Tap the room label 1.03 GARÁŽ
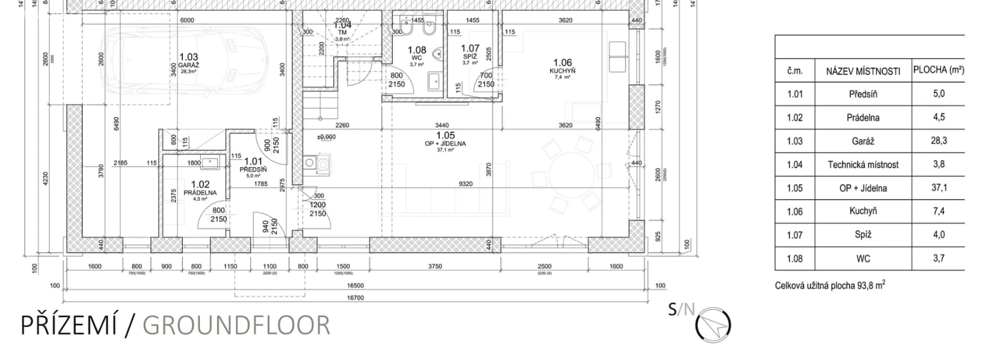(x=189, y=60)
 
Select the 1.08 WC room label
(x=417, y=53)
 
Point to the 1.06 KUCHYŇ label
(x=562, y=66)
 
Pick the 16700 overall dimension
(x=355, y=298)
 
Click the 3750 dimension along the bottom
(x=435, y=267)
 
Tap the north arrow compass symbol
(x=713, y=324)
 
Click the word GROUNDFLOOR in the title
(x=236, y=326)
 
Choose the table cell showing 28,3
(x=938, y=141)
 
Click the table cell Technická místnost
(x=863, y=164)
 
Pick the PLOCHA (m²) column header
(x=938, y=70)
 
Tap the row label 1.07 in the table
(x=794, y=235)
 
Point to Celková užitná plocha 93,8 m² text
(x=830, y=286)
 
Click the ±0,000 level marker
(x=326, y=137)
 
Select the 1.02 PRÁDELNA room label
(x=200, y=188)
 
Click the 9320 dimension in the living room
(x=466, y=184)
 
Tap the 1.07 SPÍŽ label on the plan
(x=470, y=53)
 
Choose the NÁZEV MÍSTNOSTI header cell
(x=863, y=71)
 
